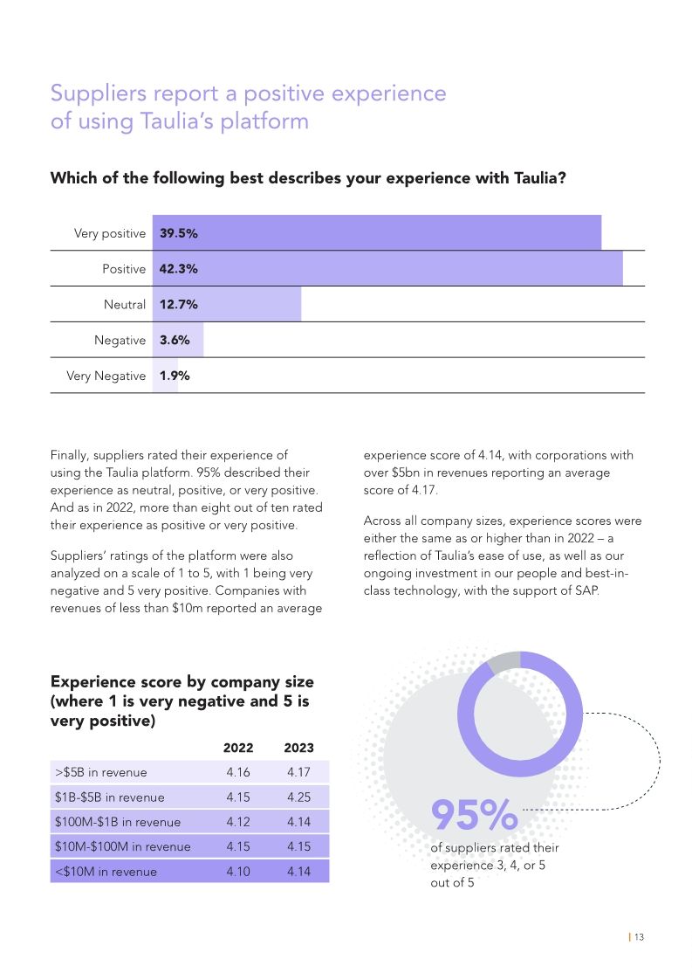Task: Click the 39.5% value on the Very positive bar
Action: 178,233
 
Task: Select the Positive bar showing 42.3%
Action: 388,269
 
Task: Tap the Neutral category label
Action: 125,305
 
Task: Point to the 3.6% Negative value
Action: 175,340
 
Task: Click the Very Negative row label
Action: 106,376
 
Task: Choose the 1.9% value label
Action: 175,376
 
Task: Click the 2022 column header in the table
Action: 238,748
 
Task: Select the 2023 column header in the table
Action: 298,748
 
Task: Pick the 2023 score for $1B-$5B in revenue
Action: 298,797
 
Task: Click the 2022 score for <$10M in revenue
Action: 238,871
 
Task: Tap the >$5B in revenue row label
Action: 100,772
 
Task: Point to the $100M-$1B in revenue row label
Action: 117,822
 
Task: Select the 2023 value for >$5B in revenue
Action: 298,772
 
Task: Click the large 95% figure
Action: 475,815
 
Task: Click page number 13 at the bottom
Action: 639,937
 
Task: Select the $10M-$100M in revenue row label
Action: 122,846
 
